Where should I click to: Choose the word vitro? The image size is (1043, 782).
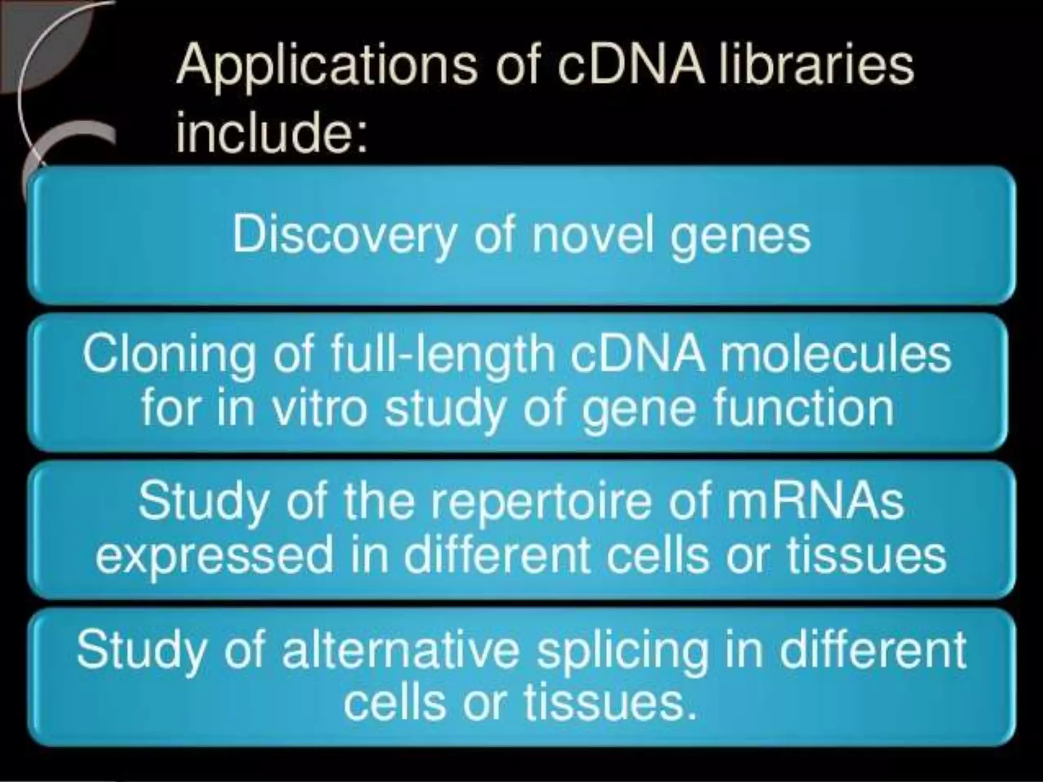coord(320,408)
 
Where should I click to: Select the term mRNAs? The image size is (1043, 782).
coord(814,501)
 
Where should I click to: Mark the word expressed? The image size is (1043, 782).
coord(214,555)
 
